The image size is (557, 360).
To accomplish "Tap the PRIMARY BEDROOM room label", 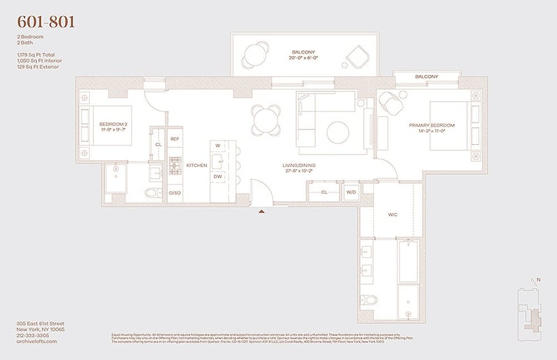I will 432,125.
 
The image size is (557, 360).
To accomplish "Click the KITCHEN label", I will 196,165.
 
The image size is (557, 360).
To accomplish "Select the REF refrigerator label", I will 175,139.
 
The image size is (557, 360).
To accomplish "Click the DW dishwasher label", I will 218,177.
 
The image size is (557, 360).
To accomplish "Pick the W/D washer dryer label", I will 351,192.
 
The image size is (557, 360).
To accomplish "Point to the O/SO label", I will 175,192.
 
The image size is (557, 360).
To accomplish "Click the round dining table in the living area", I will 267,119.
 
